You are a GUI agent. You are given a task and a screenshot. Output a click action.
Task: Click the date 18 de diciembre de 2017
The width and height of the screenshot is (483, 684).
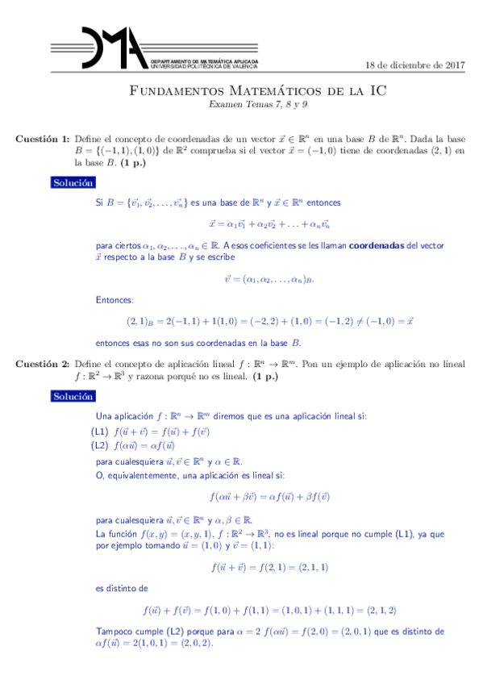(x=415, y=65)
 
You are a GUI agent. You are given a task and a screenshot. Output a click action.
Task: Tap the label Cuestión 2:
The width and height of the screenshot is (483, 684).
(x=43, y=365)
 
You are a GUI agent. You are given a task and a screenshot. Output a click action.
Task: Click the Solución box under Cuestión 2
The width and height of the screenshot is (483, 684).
(x=73, y=397)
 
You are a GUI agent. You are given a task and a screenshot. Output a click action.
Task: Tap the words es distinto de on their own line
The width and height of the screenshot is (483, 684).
(x=121, y=589)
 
